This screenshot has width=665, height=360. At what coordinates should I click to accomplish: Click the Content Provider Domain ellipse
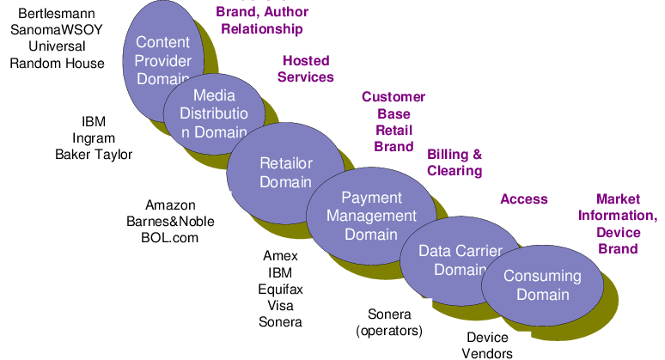(x=163, y=43)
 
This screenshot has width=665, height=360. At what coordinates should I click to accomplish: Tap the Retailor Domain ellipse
(x=285, y=172)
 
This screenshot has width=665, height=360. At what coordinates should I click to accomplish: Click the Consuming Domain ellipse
(x=542, y=285)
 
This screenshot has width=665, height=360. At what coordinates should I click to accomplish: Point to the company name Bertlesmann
(x=57, y=15)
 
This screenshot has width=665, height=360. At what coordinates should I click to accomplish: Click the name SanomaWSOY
(x=57, y=31)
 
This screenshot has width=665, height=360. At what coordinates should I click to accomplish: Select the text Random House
(x=57, y=64)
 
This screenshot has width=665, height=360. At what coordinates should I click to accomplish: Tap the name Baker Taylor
(x=94, y=155)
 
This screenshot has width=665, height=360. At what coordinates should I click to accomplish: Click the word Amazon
(x=170, y=205)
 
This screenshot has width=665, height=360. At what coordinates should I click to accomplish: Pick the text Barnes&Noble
(x=170, y=221)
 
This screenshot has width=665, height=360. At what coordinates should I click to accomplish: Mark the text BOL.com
(x=170, y=237)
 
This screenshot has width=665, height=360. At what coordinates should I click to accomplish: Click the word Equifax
(x=280, y=289)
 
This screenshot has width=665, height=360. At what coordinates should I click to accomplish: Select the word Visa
(x=280, y=305)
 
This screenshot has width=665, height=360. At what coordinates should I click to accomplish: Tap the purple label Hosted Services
(x=306, y=69)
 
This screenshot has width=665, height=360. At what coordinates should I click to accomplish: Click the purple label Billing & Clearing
(x=455, y=162)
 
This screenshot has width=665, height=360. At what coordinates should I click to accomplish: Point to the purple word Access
(x=523, y=199)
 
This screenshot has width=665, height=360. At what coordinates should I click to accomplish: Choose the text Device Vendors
(x=487, y=345)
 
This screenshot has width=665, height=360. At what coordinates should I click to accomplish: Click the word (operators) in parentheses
(x=389, y=330)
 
